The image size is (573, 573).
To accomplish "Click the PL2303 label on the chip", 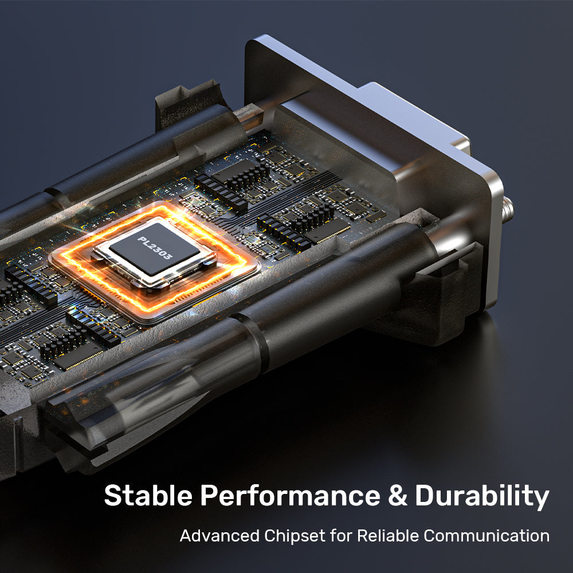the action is [154, 248].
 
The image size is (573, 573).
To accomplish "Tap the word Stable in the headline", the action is [148, 495].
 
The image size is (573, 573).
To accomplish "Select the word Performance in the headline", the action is [290, 496].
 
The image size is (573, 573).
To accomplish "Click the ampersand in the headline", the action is [398, 496].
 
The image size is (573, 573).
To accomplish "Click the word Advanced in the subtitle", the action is [219, 536].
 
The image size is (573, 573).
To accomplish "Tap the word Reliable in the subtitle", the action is [388, 536].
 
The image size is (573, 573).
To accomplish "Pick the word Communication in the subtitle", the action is [486, 536].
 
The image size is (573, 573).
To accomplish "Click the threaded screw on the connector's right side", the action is [508, 210].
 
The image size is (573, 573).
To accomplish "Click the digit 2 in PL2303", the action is [151, 246].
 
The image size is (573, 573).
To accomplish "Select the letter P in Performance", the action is [209, 496].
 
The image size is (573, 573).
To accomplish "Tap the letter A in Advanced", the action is [186, 536].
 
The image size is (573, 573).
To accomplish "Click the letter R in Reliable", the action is [362, 536].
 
